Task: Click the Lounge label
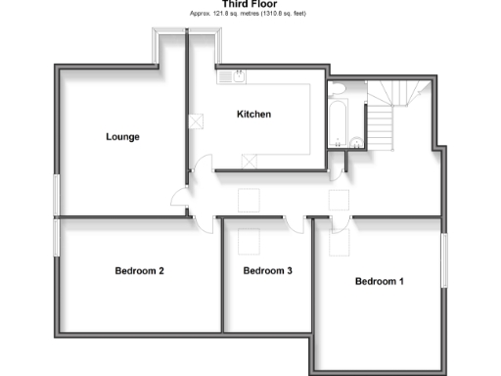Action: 122,136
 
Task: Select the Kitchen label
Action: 253,115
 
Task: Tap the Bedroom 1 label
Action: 379,282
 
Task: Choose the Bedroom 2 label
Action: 139,270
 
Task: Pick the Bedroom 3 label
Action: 268,270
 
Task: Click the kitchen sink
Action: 234,75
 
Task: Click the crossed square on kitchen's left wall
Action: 196,121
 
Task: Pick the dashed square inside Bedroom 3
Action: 250,241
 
